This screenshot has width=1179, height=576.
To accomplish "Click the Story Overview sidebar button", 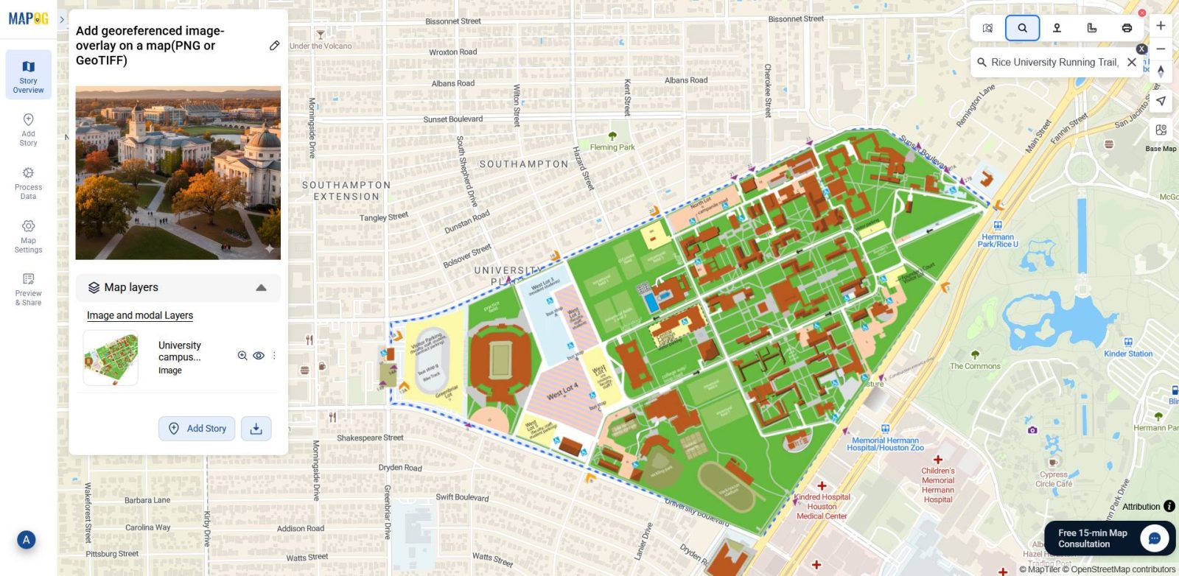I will [28, 75].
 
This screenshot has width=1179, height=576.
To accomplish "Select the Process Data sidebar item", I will [28, 183].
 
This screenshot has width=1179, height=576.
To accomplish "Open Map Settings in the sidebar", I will [28, 236].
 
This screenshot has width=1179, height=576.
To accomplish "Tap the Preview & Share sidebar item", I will [28, 289].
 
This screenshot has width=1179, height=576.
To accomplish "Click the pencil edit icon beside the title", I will [274, 46].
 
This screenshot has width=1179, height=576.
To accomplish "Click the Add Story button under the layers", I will [197, 429].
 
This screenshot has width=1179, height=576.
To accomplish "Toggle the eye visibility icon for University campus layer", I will [259, 356].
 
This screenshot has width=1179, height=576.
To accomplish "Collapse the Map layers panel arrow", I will [261, 288].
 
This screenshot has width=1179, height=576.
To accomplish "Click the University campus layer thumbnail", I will [111, 358].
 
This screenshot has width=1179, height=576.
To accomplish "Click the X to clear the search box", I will [1132, 63].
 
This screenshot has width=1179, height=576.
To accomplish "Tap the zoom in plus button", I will [1161, 26].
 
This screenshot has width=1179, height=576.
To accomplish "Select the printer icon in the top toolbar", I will [1127, 28].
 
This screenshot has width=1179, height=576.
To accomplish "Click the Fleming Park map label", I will [612, 147].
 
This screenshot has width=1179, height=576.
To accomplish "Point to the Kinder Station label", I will [1127, 354].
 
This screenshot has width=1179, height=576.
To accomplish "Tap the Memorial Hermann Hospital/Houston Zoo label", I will [885, 443].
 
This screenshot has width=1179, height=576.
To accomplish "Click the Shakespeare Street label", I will [370, 438].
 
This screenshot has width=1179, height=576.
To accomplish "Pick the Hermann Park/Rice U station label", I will [998, 240].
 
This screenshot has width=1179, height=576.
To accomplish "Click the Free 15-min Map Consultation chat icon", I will [1154, 538].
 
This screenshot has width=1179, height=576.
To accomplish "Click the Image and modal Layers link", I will [140, 315].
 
